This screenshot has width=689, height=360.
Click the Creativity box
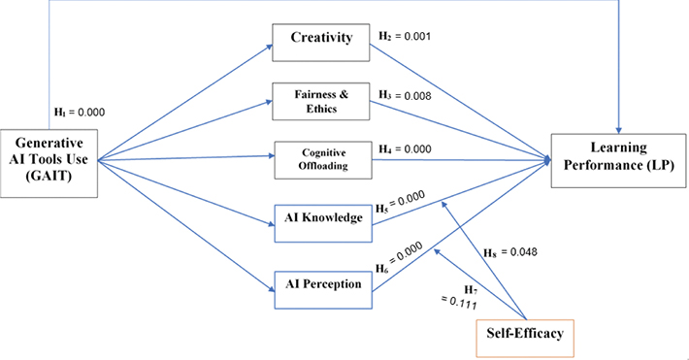pyautogui.click(x=320, y=40)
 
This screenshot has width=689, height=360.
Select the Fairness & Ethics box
pyautogui.click(x=320, y=100)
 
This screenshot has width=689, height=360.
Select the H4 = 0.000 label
pyautogui.click(x=404, y=147)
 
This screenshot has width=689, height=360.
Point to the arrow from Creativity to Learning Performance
pyautogui.click(x=456, y=97)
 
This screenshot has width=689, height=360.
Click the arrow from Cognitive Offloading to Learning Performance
pyautogui.click(x=456, y=158)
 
